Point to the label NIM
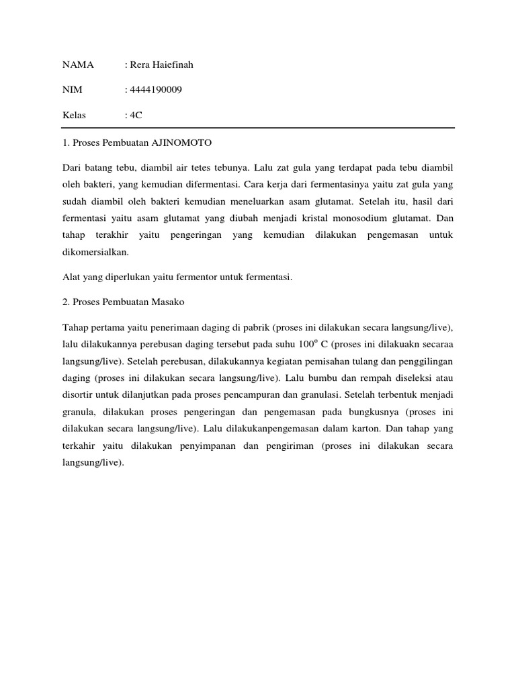(x=71, y=89)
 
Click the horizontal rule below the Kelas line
(x=259, y=128)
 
